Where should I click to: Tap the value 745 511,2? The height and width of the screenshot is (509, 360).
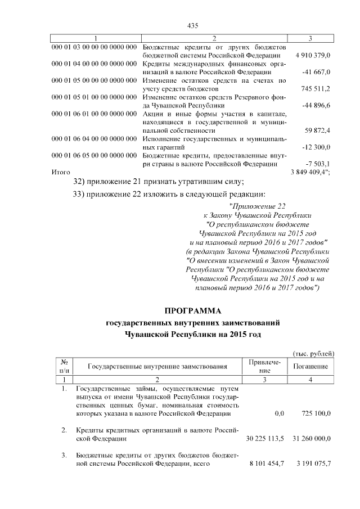coord(316,89)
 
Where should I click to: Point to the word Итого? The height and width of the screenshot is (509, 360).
coord(60,172)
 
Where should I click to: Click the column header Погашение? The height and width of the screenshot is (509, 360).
coord(311,367)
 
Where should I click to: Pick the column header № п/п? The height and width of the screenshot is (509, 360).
coord(64,367)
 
